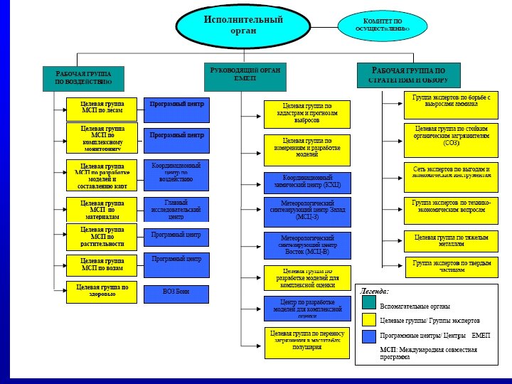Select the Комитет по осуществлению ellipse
click(383, 26)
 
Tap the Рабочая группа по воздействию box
click(84, 78)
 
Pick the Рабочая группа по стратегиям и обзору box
click(408, 75)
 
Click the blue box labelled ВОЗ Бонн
click(176, 293)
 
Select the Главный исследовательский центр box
click(176, 209)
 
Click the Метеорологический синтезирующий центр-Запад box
click(307, 211)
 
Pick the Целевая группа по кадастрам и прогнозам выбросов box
click(307, 114)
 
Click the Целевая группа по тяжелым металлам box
click(451, 240)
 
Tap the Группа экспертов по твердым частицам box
click(451, 267)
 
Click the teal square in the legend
click(368, 303)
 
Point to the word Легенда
click(375, 291)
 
